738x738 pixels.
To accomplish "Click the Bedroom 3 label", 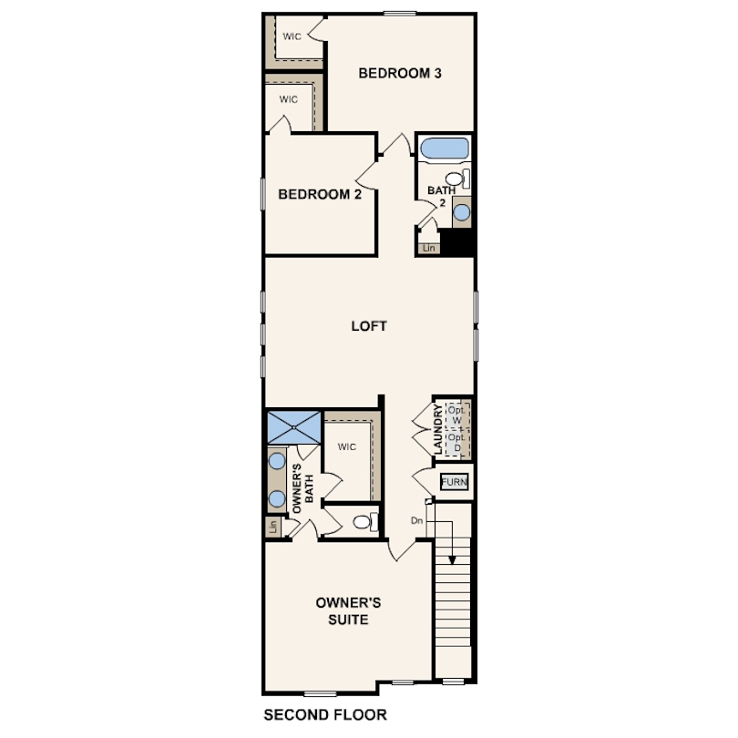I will (399, 73).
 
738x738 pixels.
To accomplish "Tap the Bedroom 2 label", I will (314, 194).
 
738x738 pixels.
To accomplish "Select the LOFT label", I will (370, 325).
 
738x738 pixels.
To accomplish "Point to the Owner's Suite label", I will (342, 610).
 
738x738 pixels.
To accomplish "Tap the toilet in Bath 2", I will (455, 179).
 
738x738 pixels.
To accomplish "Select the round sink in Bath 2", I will (461, 212).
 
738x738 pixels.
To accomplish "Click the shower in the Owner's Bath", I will (293, 425).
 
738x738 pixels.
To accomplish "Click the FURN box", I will (454, 482).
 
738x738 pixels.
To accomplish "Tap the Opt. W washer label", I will (456, 415).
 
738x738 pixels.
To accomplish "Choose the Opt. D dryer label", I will (456, 443).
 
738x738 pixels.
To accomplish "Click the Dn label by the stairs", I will (416, 520).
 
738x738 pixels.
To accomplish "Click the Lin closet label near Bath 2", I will (429, 247).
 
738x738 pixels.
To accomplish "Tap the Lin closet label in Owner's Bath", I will (272, 526).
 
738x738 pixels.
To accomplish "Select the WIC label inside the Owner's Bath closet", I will (346, 446).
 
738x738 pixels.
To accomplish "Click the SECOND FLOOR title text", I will (324, 714).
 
